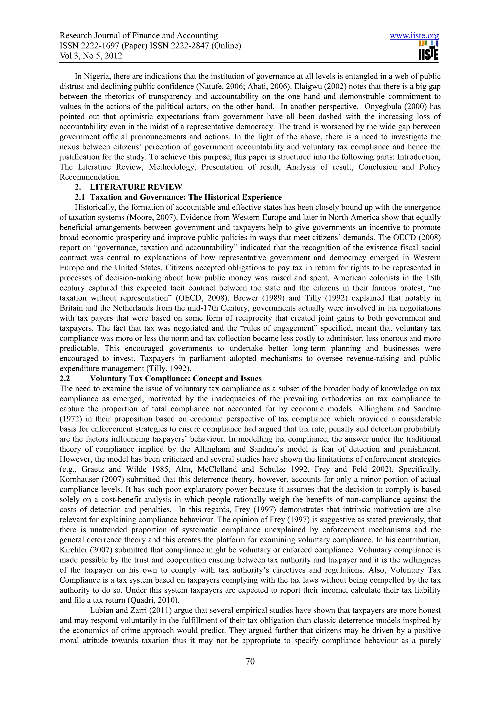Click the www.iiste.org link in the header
414,36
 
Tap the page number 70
250,661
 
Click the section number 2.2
65,378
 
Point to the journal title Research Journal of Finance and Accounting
139,36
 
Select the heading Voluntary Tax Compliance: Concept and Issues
176,378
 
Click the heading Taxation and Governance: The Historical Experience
186,197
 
